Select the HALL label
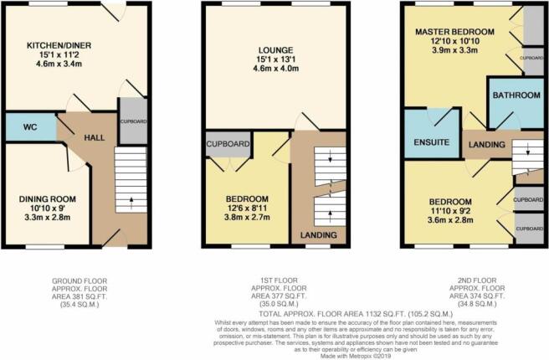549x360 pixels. (95, 136)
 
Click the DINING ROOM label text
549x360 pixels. (48, 198)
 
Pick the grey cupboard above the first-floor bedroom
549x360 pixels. (228, 144)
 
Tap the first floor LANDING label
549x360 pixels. (318, 236)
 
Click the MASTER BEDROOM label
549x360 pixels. (455, 32)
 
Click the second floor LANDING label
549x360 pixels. (486, 145)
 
